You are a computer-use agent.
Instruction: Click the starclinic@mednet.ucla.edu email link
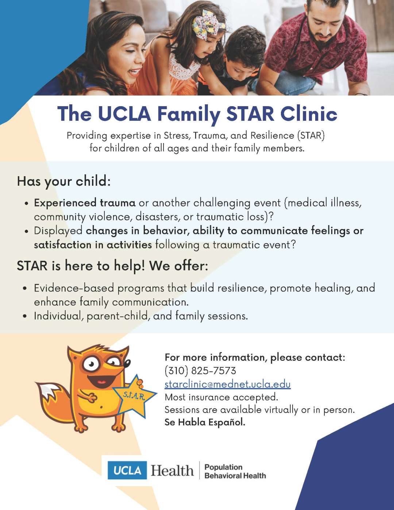tap(227, 384)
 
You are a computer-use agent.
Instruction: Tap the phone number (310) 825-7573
tap(200, 371)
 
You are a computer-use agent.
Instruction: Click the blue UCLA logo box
tap(127, 470)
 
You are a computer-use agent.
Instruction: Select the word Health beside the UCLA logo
tap(172, 471)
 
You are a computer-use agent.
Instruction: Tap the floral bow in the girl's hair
tap(208, 24)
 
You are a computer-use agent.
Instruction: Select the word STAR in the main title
tap(250, 114)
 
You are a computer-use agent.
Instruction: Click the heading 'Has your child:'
tap(63, 181)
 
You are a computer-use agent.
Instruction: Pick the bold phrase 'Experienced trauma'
tap(85, 203)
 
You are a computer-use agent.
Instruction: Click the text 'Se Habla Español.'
tap(205, 422)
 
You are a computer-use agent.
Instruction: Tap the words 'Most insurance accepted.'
tap(221, 397)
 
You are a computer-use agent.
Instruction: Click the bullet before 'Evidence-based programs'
tap(25, 288)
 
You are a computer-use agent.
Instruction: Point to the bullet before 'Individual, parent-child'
tap(25, 316)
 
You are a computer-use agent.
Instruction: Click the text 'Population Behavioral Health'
tap(235, 471)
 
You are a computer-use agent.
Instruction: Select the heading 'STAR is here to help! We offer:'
tap(112, 266)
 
